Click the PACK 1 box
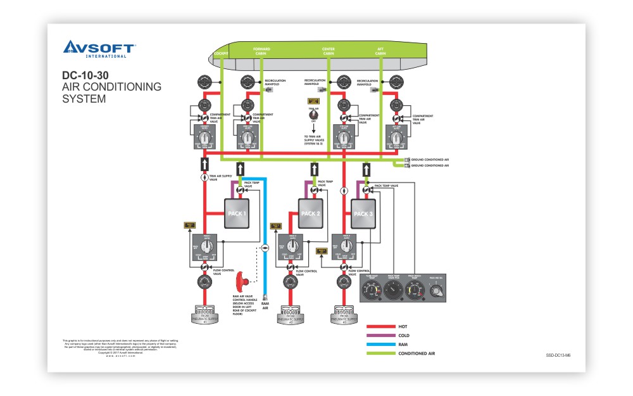click(236, 214)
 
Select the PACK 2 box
click(310, 214)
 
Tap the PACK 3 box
click(363, 214)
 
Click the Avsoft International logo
click(99, 49)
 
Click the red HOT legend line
click(380, 326)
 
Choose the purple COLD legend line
click(380, 335)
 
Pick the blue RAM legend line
click(380, 344)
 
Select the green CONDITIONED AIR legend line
click(380, 354)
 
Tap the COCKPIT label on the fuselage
click(221, 54)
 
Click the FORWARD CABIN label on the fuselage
click(261, 51)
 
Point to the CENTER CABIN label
click(329, 51)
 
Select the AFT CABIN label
click(380, 51)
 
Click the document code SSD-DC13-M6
click(558, 355)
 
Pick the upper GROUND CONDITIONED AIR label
click(430, 159)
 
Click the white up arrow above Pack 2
click(314, 169)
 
